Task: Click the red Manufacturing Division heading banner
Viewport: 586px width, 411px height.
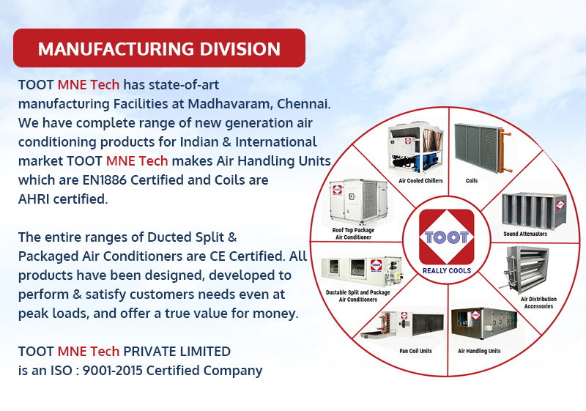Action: [159, 48]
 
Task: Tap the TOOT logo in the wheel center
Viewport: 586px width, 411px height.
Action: [447, 237]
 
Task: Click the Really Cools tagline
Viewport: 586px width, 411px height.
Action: [447, 271]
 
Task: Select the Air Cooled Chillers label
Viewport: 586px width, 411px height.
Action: [420, 181]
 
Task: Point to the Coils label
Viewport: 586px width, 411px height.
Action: [472, 181]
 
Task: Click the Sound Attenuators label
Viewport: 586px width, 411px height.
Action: [525, 234]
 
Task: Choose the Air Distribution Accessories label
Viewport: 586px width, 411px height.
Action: [538, 303]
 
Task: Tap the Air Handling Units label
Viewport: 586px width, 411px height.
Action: [479, 351]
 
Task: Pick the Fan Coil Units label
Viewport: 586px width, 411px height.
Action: [415, 351]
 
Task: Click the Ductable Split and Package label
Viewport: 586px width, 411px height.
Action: [358, 292]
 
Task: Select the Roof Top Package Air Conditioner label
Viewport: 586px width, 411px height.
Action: [353, 234]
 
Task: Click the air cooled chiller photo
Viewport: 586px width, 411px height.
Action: [416, 148]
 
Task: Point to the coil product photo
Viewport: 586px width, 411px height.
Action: [483, 148]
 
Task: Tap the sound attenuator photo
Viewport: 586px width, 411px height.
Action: [534, 211]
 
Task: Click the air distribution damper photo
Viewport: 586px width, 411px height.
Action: [526, 269]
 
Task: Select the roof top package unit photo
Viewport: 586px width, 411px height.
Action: [359, 201]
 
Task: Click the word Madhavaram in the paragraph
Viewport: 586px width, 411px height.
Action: [229, 103]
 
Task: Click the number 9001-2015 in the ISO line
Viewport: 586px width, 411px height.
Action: [112, 370]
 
